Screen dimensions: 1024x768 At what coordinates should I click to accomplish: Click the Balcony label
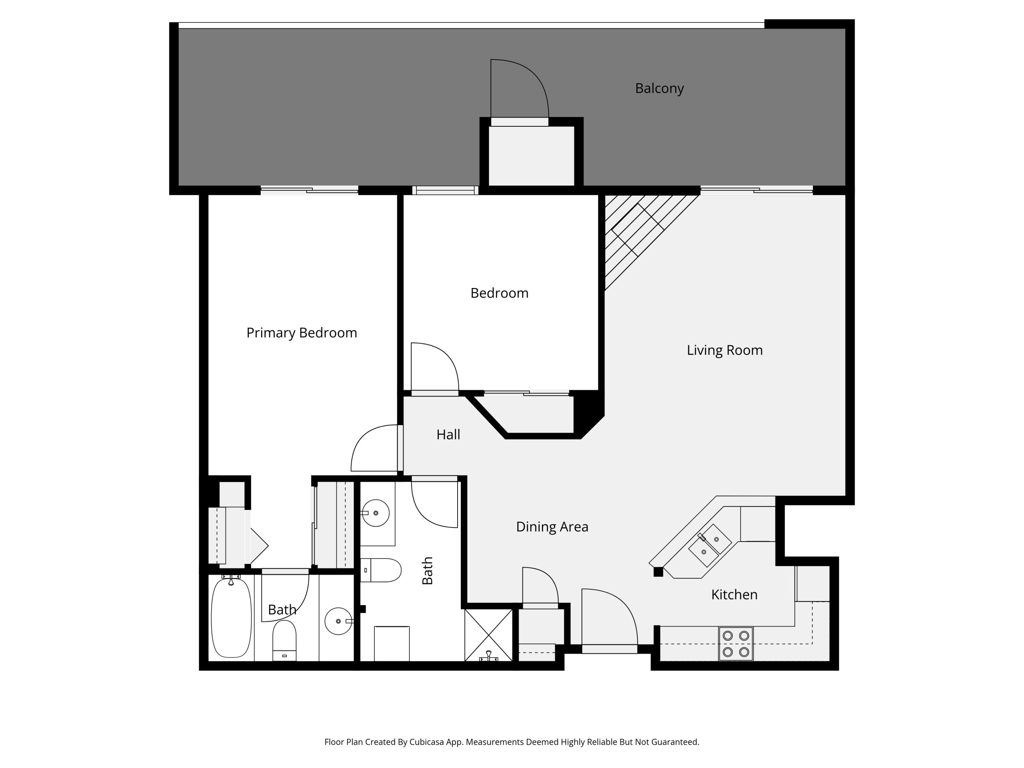(x=659, y=88)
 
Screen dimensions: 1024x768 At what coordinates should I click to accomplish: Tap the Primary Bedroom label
(x=301, y=333)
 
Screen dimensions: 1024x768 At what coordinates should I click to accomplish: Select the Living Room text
(x=724, y=350)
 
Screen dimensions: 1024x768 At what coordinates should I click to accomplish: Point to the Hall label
(x=448, y=435)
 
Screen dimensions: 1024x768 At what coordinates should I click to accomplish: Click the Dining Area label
(x=552, y=527)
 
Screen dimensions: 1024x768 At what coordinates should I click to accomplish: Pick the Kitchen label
(x=734, y=595)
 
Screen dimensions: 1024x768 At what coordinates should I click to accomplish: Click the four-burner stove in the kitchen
(x=736, y=644)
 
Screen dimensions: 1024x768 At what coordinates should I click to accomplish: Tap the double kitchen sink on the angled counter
(x=710, y=545)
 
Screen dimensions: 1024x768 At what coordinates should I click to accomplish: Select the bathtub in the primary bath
(x=231, y=618)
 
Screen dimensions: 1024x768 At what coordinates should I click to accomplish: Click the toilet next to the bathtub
(x=284, y=640)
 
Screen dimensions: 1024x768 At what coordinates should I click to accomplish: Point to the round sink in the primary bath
(x=338, y=621)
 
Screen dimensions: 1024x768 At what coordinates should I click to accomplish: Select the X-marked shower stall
(x=488, y=635)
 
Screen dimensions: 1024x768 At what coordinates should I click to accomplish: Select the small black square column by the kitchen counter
(x=658, y=572)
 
